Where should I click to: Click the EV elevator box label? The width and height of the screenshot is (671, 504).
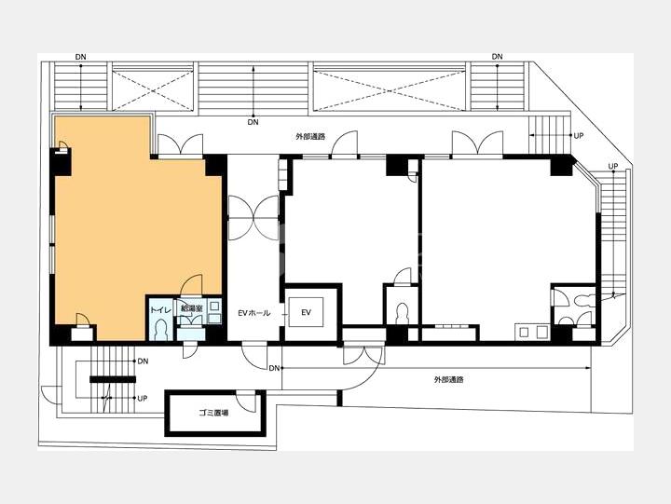point(306,313)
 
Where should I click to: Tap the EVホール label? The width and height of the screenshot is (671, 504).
point(254,313)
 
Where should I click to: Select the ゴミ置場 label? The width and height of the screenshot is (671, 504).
point(213,413)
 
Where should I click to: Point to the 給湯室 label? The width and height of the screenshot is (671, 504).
point(191,307)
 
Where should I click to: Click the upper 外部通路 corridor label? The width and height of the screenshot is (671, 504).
point(310,137)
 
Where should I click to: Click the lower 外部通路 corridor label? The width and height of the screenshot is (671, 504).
point(449,379)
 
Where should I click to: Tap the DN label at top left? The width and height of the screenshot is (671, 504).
point(80,57)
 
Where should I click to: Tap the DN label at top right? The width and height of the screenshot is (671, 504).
point(498,57)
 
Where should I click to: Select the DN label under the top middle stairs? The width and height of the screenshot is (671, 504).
point(253,122)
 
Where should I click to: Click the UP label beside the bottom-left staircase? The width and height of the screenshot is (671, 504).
point(143,399)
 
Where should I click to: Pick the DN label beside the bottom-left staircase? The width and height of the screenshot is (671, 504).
point(143,361)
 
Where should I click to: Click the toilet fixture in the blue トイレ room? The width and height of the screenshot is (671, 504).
point(161,329)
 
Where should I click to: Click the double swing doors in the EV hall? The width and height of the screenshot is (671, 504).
point(254,218)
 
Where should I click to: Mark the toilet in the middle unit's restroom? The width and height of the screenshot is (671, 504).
point(403,314)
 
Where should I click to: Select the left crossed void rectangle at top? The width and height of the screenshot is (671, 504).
point(152,89)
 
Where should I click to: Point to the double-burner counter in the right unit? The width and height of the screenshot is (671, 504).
point(531,332)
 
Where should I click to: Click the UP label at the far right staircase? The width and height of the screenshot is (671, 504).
point(613,166)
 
